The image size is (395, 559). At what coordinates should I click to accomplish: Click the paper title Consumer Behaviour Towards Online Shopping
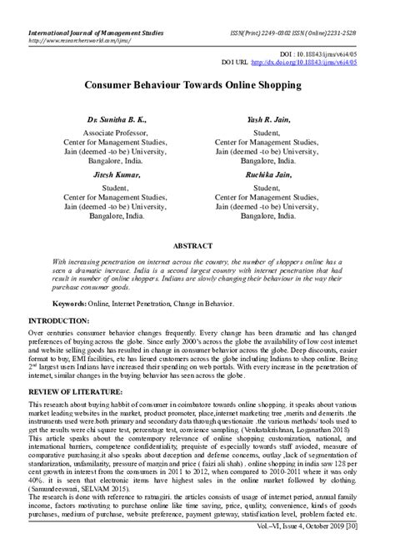197,85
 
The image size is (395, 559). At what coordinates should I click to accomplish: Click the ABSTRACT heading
197,247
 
